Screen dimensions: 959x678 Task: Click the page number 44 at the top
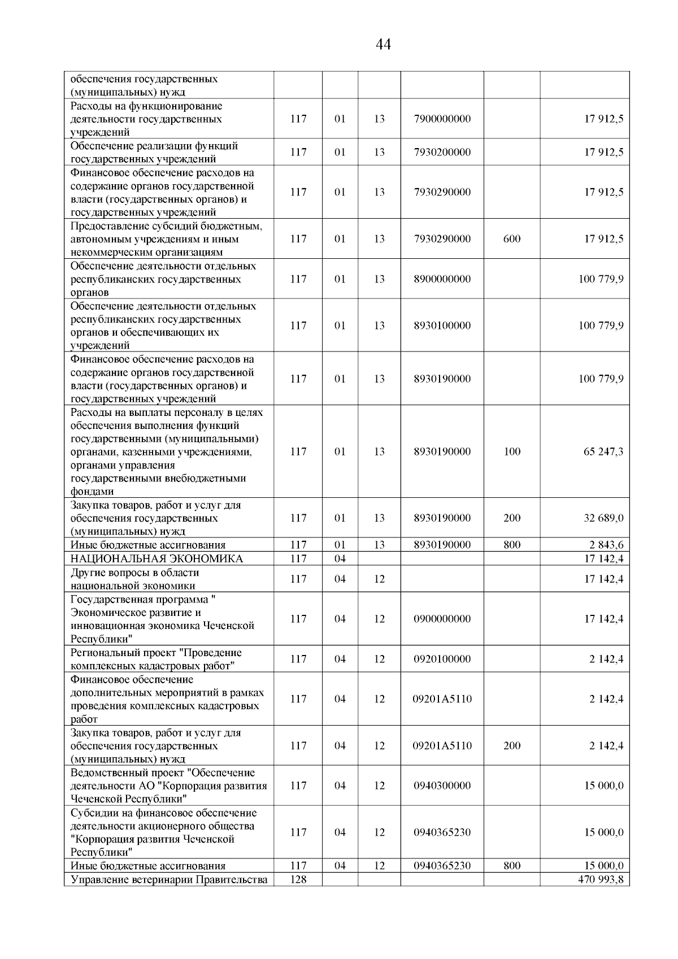pos(383,44)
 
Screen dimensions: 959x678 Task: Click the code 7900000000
pos(442,119)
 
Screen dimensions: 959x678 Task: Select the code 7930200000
pos(442,152)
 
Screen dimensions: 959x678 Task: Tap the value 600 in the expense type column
pos(511,238)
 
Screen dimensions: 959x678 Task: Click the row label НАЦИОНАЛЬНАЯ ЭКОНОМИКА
pos(157,559)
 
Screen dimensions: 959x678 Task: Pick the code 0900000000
pos(442,619)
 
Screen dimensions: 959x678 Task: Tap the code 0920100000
pos(442,659)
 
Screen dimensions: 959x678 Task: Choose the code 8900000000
pos(442,279)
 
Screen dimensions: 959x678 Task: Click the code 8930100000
pos(442,326)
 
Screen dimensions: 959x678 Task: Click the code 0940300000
pos(442,786)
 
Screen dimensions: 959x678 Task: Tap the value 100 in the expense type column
pos(511,452)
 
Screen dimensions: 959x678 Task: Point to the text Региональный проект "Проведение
pos(156,653)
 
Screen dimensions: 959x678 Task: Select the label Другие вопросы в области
pos(134,572)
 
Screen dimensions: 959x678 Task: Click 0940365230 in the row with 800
pos(442,866)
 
